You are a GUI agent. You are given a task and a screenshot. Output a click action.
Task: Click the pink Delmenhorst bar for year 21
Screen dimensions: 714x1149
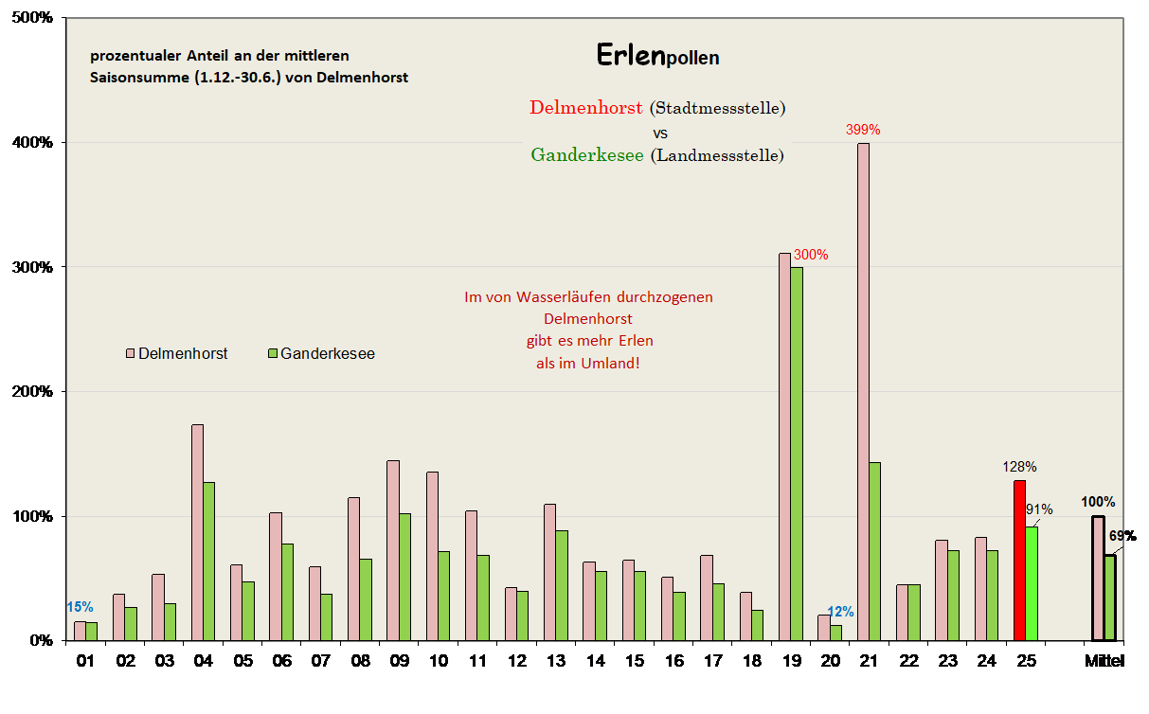(863, 392)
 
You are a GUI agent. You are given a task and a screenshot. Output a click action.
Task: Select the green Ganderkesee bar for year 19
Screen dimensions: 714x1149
(797, 454)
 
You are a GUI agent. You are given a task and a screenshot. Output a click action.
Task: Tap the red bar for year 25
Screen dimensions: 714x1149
(1019, 561)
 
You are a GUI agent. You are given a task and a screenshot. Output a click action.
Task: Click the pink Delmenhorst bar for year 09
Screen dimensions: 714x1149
(392, 550)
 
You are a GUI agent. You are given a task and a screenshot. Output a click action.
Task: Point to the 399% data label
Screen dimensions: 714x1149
(863, 130)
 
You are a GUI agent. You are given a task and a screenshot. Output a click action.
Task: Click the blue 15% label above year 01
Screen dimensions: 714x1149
(80, 607)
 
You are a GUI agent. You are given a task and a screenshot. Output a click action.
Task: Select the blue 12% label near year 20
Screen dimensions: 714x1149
(838, 612)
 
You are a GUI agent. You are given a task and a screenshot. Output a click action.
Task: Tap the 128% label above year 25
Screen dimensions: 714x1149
(1019, 467)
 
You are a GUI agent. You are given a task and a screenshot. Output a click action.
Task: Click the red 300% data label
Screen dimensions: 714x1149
(811, 255)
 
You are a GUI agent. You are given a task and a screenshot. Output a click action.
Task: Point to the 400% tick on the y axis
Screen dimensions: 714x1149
(35, 142)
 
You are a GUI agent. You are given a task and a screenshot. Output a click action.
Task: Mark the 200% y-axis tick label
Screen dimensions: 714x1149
(35, 391)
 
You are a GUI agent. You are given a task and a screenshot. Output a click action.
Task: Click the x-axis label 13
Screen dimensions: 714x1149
(555, 661)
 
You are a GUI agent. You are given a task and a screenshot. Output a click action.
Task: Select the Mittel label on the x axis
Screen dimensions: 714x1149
(1104, 661)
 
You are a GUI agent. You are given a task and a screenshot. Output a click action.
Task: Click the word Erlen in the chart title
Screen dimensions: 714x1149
(630, 55)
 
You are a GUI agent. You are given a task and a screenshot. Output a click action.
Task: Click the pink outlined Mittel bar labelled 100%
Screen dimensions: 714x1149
(1097, 578)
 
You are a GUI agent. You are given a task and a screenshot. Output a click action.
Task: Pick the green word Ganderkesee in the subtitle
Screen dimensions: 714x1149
(586, 154)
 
